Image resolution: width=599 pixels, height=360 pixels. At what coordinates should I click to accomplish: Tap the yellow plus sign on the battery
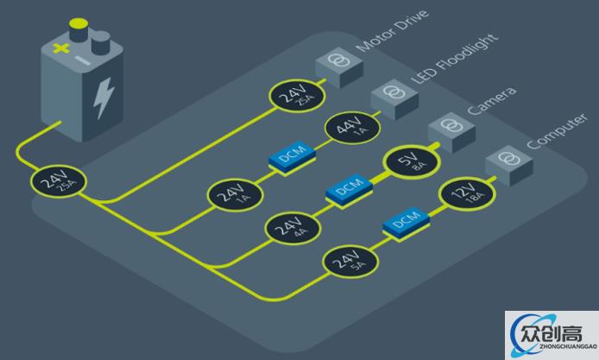point(59,50)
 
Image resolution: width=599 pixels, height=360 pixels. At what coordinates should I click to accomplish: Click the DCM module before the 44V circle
point(290,156)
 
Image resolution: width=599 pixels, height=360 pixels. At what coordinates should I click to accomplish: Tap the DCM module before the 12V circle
point(406,223)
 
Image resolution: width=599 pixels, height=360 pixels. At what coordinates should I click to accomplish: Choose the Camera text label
point(492,101)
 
